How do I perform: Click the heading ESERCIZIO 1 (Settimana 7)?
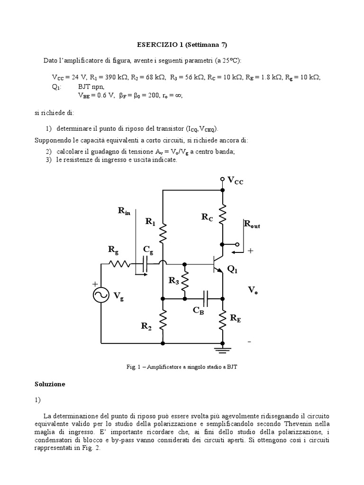[182, 45]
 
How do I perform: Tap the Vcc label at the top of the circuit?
[236, 180]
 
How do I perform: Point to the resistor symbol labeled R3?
[185, 281]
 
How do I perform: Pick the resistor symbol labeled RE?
[222, 321]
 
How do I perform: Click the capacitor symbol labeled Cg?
[146, 264]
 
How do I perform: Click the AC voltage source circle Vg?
[101, 295]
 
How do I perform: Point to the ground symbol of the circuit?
[222, 350]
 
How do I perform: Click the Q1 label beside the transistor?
[233, 269]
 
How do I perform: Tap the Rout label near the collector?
[252, 224]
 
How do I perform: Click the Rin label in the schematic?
[124, 211]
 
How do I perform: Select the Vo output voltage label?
[253, 290]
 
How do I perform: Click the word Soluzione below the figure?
[50, 384]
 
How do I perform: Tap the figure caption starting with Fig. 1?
[182, 366]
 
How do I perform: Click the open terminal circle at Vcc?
[222, 180]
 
